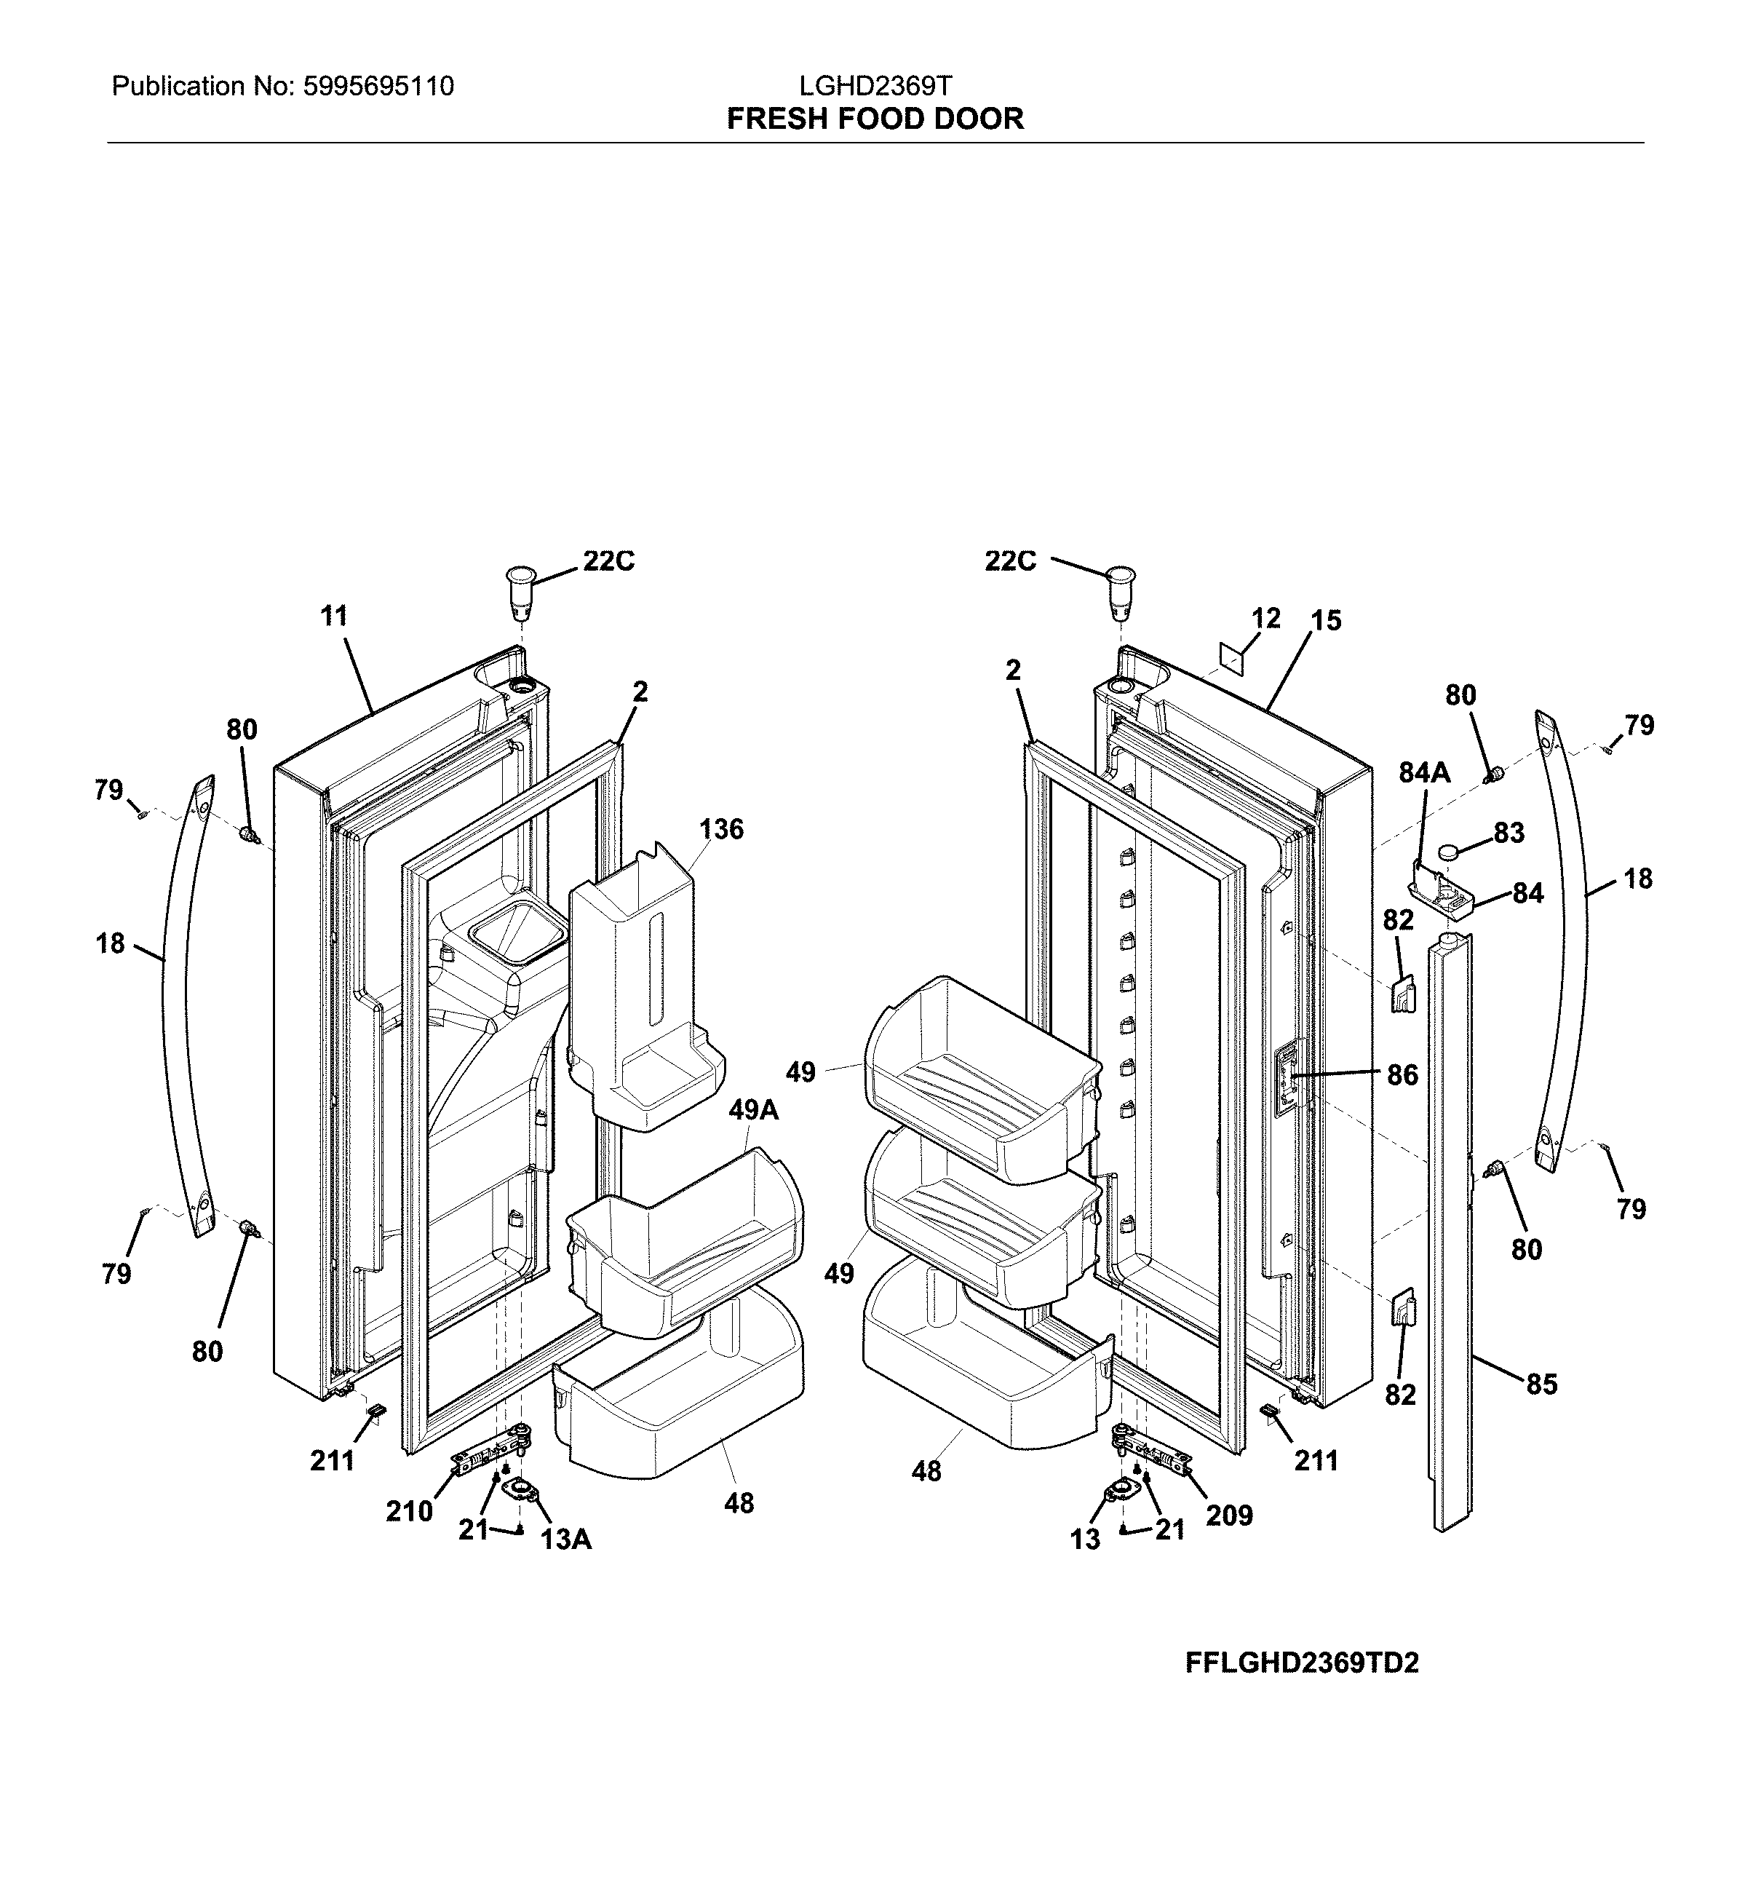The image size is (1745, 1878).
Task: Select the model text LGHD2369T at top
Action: (875, 87)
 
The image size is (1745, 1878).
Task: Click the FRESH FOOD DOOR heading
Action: (875, 119)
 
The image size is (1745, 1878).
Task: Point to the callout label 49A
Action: (752, 1110)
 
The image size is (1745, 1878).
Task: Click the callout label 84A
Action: (1424, 773)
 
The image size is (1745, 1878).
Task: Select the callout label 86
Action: (1402, 1074)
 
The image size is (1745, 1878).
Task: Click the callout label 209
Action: (1230, 1516)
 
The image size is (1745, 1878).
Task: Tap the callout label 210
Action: (409, 1511)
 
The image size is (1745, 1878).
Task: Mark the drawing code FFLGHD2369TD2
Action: (1301, 1663)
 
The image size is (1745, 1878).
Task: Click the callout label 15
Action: (1326, 621)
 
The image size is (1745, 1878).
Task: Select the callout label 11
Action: (333, 616)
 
